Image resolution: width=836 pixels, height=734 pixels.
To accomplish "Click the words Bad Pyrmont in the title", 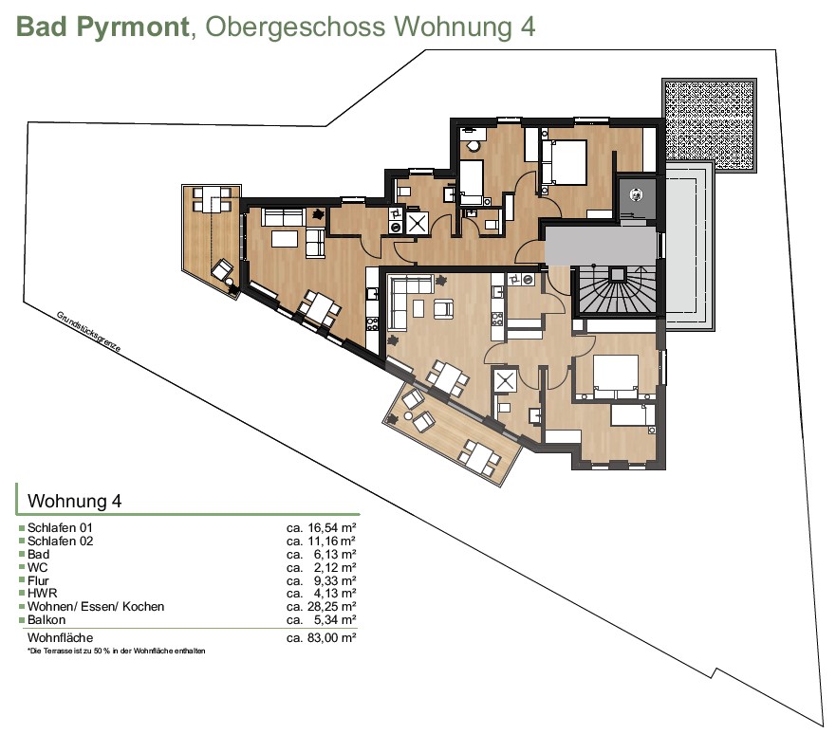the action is (x=102, y=27).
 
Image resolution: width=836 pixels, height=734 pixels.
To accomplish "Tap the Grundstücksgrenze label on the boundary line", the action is (x=89, y=332).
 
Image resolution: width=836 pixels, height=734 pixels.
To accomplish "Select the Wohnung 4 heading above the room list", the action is (x=75, y=501).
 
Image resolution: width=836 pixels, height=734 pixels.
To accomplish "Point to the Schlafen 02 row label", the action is (x=60, y=541).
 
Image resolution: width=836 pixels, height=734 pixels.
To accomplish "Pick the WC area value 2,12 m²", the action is (x=335, y=567).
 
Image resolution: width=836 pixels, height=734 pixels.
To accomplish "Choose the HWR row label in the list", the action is (x=42, y=594).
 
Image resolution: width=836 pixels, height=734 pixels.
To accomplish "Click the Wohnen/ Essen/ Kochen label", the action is (x=96, y=607).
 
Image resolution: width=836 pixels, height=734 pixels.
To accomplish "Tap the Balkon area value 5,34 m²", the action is (x=335, y=619).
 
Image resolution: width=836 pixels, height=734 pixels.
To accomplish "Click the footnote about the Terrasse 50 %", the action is (x=116, y=651).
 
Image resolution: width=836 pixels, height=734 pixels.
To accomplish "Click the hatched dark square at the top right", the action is (x=710, y=124).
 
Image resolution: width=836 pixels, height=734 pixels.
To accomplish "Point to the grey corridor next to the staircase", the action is (x=600, y=246).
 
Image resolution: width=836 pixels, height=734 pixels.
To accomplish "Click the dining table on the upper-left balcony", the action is (x=212, y=199).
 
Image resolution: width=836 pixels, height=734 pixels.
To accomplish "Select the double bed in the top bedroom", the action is (x=564, y=162).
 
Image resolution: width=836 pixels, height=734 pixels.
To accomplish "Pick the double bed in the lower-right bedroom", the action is (x=616, y=376).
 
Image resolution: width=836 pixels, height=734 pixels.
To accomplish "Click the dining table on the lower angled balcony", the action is (x=480, y=456).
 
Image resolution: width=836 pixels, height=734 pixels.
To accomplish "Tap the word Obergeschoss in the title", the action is (x=295, y=27).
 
